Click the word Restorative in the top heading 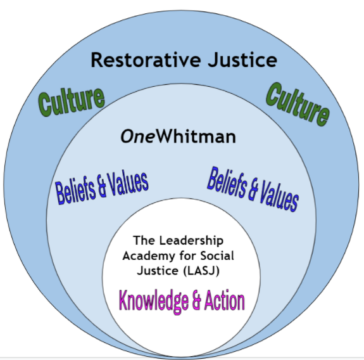pyautogui.click(x=146, y=60)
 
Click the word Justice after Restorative pyautogui.click(x=242, y=60)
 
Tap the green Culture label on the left pyautogui.click(x=72, y=102)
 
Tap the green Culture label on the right pyautogui.click(x=298, y=104)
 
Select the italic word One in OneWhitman pyautogui.click(x=137, y=136)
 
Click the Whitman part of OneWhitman pyautogui.click(x=196, y=136)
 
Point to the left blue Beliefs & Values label pyautogui.click(x=102, y=188)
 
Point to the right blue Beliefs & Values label pyautogui.click(x=253, y=189)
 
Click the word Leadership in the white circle pyautogui.click(x=191, y=240)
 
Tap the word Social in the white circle pyautogui.click(x=217, y=255)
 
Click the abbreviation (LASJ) pyautogui.click(x=201, y=271)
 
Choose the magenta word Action pyautogui.click(x=225, y=300)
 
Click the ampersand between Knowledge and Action pyautogui.click(x=193, y=300)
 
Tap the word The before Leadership pyautogui.click(x=144, y=240)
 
